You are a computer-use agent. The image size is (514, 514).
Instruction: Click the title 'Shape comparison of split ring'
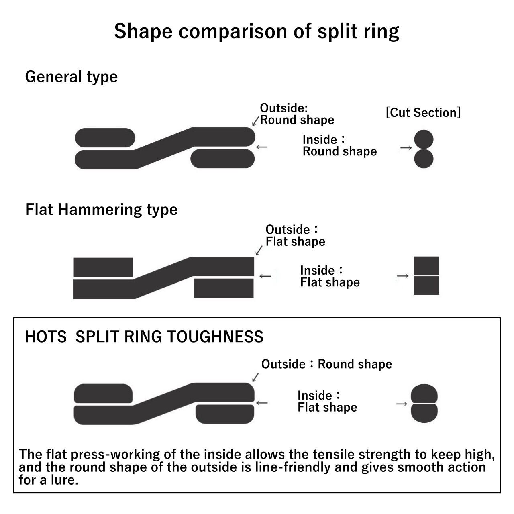[x=257, y=31]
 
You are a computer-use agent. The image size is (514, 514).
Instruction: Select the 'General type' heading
[x=71, y=77]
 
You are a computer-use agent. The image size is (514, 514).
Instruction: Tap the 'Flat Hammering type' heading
[x=101, y=210]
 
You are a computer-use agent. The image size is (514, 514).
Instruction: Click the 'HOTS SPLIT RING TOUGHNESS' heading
[x=144, y=337]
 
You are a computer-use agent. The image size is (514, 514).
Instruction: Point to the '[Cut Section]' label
[x=423, y=112]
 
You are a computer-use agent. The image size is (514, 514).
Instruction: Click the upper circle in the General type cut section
[x=424, y=139]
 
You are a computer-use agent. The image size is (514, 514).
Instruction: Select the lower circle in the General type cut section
[x=424, y=159]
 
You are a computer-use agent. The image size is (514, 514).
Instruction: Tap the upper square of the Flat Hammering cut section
[x=426, y=266]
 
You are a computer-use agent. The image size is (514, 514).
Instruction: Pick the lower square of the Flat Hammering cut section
[x=426, y=286]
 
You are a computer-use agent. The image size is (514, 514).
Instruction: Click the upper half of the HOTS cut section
[x=424, y=394]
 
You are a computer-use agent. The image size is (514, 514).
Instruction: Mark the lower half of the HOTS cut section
[x=424, y=413]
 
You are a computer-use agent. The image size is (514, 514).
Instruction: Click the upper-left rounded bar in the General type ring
[x=105, y=138]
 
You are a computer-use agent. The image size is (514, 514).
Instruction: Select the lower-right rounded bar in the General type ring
[x=222, y=159]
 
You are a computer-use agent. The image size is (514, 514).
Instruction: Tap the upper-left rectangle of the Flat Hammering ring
[x=103, y=267]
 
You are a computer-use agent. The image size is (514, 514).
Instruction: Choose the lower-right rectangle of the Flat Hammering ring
[x=224, y=288]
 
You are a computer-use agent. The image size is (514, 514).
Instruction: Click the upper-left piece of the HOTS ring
[x=103, y=394]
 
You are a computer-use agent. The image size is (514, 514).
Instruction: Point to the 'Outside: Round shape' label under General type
[x=297, y=114]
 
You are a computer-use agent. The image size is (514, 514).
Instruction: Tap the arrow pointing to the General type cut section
[x=406, y=147]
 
